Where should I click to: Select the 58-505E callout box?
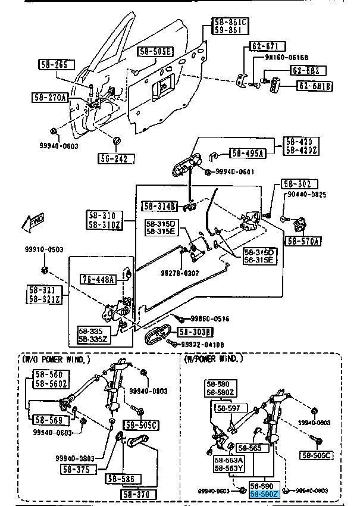pos(155,52)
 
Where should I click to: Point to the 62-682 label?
pos(308,71)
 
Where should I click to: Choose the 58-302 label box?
pos(300,185)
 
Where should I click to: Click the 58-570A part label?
pos(303,241)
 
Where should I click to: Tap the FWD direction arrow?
pos(32,223)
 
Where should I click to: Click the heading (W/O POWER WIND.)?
pos(57,360)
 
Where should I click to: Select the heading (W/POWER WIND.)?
pos(214,360)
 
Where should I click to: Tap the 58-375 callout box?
pos(76,470)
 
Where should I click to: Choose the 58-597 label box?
pos(228,408)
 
